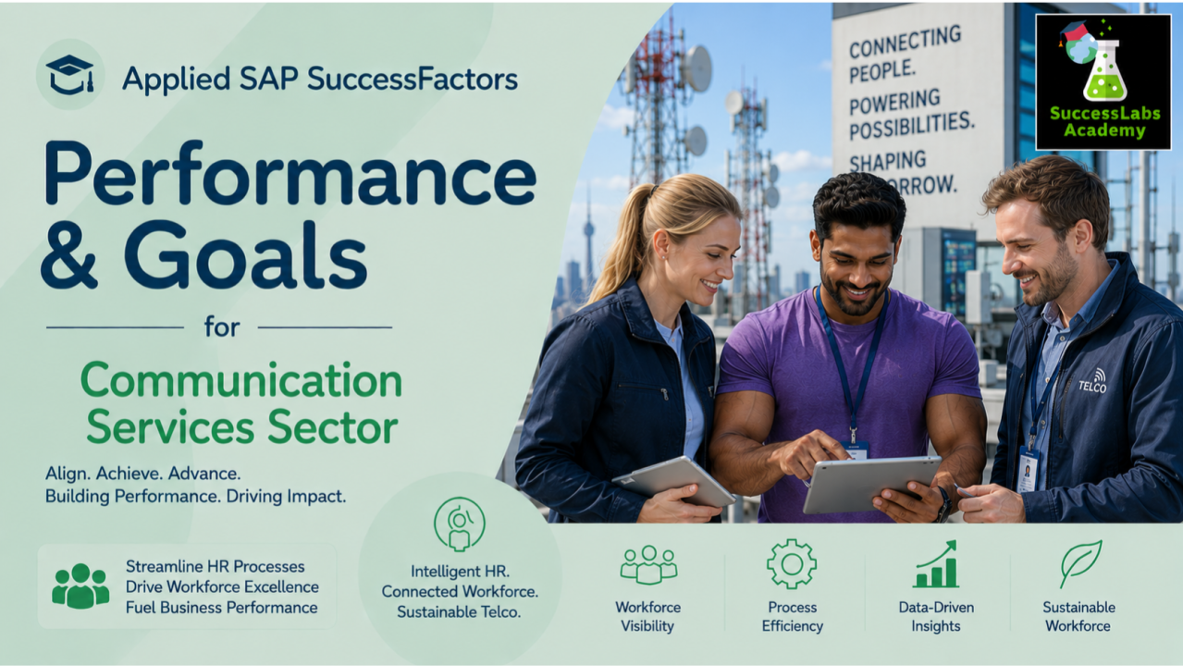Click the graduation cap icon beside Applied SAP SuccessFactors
(x=69, y=75)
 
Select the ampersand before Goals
(x=69, y=255)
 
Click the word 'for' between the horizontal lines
(x=222, y=327)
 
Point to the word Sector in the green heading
(x=332, y=427)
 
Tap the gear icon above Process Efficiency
(x=792, y=564)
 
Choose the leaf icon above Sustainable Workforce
(x=1080, y=563)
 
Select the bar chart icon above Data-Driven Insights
(x=935, y=564)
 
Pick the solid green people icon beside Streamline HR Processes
(x=80, y=586)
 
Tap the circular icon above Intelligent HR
(x=459, y=524)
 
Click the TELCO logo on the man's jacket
(x=1092, y=382)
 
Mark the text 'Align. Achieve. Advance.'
(x=142, y=474)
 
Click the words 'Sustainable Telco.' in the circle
(x=459, y=612)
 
